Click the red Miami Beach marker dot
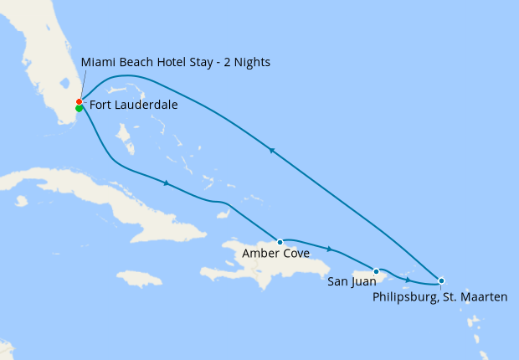tap(79, 102)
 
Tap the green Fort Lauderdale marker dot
tap(79, 108)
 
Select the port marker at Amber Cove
tap(280, 242)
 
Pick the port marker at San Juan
tap(377, 271)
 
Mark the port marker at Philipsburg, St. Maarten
tap(441, 280)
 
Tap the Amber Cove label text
tap(275, 253)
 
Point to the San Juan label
tap(351, 283)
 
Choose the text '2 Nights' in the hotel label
tap(247, 63)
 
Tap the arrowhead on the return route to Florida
tap(271, 151)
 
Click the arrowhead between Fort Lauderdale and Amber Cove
tap(167, 183)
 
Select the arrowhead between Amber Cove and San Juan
tap(330, 249)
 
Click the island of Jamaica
tap(138, 278)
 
